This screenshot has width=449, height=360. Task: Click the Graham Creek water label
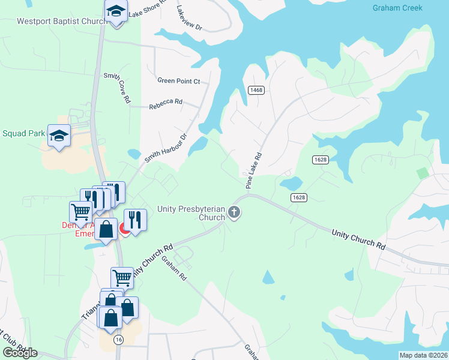point(397,8)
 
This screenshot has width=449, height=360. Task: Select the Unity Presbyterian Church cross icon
point(234,212)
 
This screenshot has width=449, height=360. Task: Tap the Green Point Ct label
point(178,80)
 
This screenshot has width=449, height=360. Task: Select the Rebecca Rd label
point(166,103)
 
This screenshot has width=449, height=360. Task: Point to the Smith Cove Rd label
point(116,88)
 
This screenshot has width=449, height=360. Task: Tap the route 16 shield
point(118,340)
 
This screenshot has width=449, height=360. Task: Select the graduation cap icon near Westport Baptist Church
point(116,11)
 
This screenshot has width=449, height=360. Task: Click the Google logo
point(20,352)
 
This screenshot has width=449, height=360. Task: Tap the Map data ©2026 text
point(423,355)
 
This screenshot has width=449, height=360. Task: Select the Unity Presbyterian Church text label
point(191,213)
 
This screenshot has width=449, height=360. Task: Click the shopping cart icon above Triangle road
point(122,277)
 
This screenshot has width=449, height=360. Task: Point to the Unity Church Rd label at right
point(357,238)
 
